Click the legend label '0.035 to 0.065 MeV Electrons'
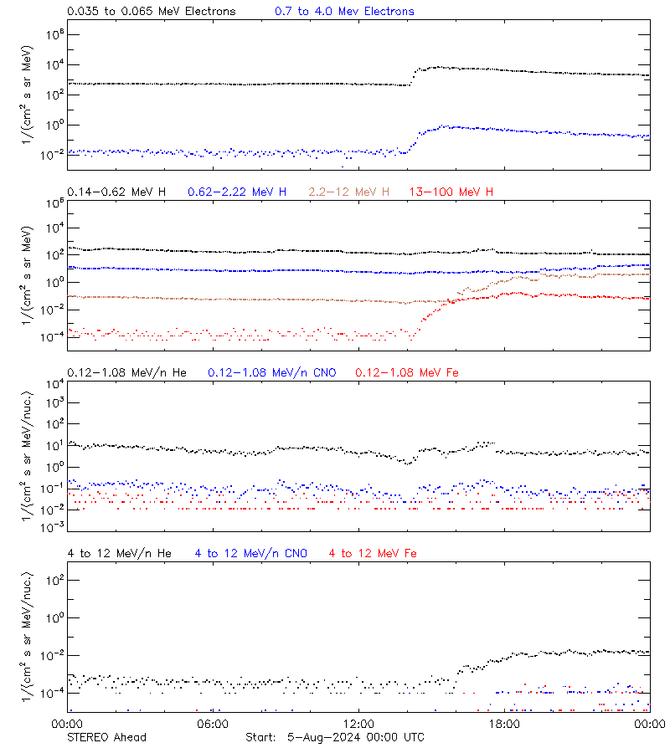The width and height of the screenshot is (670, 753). point(151,12)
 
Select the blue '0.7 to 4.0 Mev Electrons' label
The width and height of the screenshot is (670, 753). point(344,12)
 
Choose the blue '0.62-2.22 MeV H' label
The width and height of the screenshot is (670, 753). point(237,192)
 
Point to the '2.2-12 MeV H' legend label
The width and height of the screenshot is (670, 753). point(349,192)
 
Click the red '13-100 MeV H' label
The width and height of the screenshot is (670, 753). point(451,192)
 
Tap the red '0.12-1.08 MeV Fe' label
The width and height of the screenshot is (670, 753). point(406,372)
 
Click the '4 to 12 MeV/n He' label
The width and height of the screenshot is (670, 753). point(119,553)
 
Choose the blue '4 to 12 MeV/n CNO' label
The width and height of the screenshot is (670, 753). point(250,553)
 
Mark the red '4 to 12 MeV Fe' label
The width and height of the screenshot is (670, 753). point(373,553)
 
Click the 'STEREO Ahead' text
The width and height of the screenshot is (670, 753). point(106,737)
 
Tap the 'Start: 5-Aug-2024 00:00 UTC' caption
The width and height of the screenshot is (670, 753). point(334,737)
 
